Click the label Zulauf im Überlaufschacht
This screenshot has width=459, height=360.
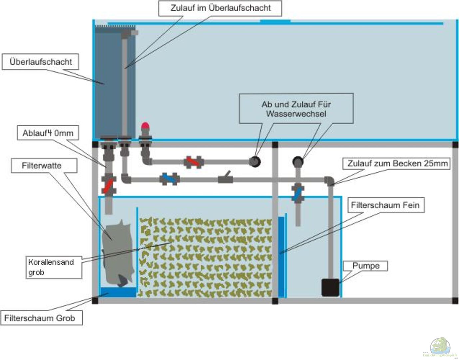[220, 8]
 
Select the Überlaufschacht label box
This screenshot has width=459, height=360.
[40, 62]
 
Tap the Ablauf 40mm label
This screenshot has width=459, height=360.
[48, 133]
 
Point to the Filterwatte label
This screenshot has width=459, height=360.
[42, 166]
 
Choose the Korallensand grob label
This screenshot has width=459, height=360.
[51, 267]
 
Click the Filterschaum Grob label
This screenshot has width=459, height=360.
[39, 318]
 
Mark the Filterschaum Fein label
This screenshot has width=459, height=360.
[385, 205]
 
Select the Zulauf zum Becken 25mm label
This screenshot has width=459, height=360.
[397, 164]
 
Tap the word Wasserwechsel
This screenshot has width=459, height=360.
[296, 114]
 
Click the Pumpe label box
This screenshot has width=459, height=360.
[366, 266]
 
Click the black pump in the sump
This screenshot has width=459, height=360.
[330, 287]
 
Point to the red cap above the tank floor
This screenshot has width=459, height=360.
[146, 126]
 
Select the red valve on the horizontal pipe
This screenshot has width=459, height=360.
[193, 162]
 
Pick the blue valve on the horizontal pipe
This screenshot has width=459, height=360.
[170, 179]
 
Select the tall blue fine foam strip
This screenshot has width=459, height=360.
[281, 257]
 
